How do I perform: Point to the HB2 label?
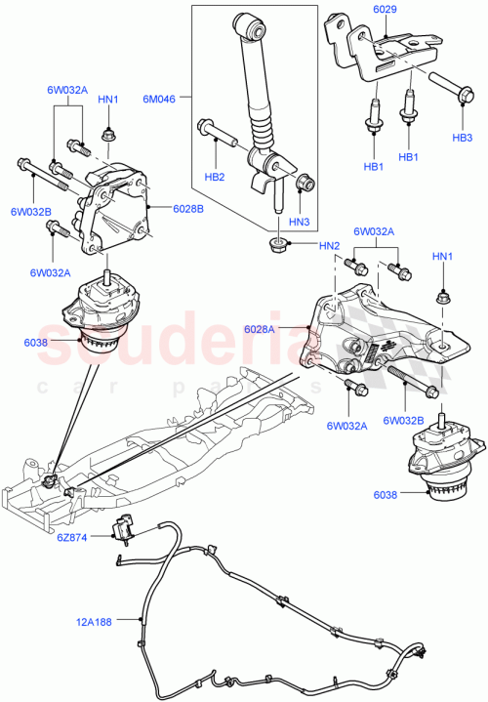point(215,178)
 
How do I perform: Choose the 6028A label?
point(287,330)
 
